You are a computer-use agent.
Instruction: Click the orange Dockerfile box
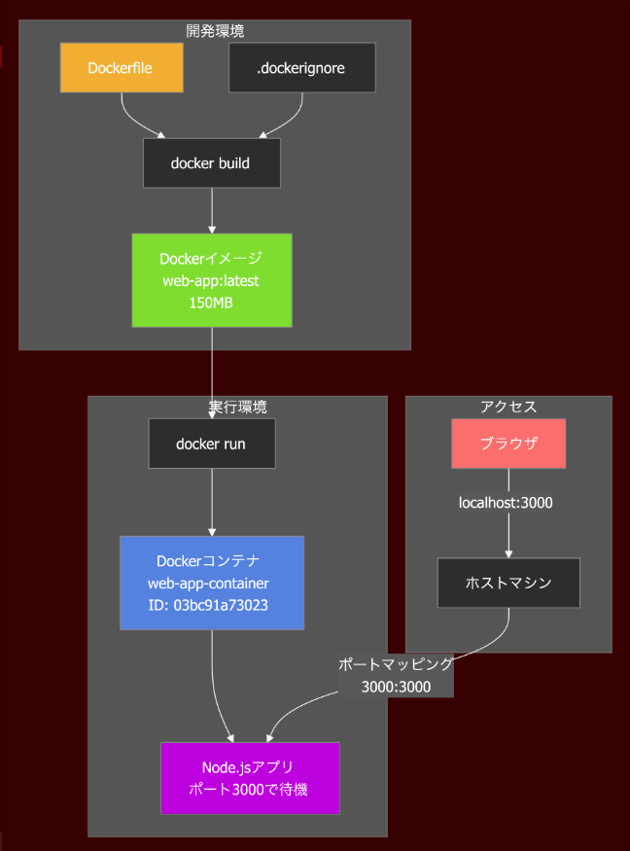pos(122,68)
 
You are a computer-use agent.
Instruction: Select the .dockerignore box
pos(301,68)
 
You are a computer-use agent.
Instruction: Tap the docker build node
pos(211,163)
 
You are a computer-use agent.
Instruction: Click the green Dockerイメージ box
pos(212,280)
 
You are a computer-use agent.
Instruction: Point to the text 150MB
pos(212,302)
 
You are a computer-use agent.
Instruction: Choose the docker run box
pos(211,443)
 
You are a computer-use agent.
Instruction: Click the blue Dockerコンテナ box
pos(212,583)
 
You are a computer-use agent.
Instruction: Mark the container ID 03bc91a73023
pos(212,605)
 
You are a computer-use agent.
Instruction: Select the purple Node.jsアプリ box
pos(250,778)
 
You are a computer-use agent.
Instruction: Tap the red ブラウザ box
pos(508,443)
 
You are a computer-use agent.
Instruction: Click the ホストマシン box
pos(508,583)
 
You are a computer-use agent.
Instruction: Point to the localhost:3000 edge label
pos(507,503)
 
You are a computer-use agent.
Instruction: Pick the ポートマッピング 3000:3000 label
pos(396,675)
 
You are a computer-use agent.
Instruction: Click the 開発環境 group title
pos(215,31)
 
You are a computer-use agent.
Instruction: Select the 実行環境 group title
pos(237,407)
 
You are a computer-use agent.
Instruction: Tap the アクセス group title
pos(508,407)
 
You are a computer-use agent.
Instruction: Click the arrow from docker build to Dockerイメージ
pos(212,210)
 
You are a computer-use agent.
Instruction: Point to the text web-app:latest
pos(212,281)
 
